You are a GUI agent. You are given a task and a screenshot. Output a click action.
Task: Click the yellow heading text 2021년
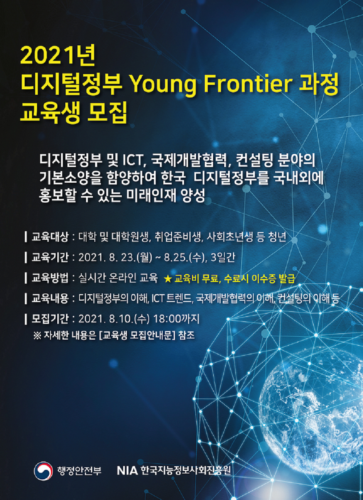pos(58,55)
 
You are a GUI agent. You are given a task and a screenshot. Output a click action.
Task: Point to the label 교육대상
pos(50,237)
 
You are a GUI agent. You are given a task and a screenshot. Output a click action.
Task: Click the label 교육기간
pos(50,257)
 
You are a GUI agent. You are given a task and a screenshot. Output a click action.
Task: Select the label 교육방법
pos(50,278)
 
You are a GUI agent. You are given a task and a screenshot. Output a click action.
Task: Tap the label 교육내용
pos(50,298)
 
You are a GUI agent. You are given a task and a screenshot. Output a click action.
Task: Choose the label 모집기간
pos(50,319)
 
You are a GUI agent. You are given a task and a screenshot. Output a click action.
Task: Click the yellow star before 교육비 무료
pos(167,279)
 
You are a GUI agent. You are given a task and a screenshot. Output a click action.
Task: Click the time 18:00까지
pos(176,319)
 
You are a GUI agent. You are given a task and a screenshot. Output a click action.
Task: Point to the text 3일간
pos(223,257)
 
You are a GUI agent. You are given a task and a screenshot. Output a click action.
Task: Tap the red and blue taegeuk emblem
pos(43,471)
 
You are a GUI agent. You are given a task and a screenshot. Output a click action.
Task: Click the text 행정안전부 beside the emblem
pos(79,471)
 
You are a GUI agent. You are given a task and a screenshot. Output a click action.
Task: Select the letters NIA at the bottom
pos(127,471)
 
